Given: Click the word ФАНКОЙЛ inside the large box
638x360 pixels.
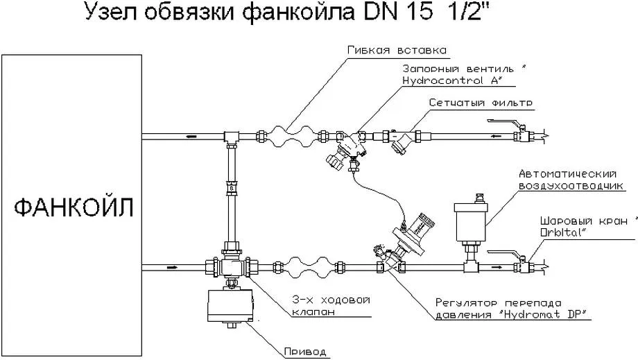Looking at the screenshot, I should [x=71, y=207].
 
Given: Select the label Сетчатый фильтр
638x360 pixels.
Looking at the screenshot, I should [x=480, y=103].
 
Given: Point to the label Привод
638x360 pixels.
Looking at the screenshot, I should [x=304, y=351].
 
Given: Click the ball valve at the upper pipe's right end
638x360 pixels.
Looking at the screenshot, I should [x=521, y=132].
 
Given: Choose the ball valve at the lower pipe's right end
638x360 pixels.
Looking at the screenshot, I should [x=521, y=264].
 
